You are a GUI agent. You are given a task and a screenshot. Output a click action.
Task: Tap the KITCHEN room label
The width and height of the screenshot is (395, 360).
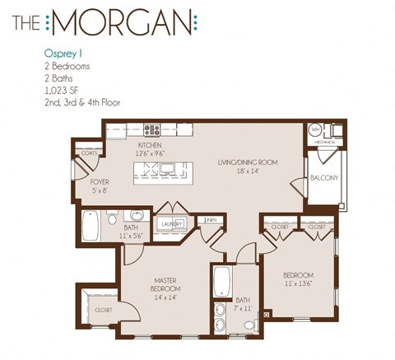tap(151, 144)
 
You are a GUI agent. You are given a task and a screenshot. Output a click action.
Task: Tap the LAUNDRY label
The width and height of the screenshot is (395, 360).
tap(171, 222)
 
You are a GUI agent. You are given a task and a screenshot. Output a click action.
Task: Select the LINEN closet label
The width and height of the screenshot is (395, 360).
tap(211, 220)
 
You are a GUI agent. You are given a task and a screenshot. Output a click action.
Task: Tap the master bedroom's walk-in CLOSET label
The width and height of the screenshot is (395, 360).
tap(104, 311)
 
